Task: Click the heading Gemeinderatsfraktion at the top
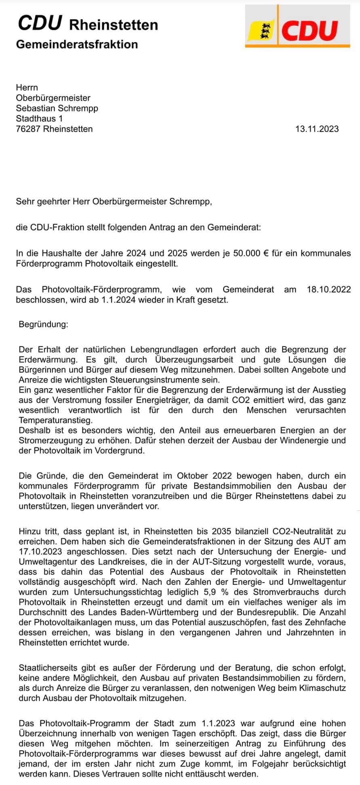point(77,44)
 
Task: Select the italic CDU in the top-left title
point(40,24)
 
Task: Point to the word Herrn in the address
point(27,87)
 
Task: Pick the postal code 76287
point(28,129)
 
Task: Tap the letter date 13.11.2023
point(317,129)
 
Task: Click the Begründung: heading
point(44,324)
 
